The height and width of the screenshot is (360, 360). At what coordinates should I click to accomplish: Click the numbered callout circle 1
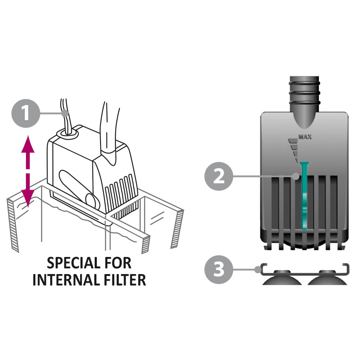coord(26,114)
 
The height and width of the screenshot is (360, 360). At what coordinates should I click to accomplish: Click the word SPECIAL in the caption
coord(73,263)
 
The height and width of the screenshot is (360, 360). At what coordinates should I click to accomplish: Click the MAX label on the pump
coord(305,137)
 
